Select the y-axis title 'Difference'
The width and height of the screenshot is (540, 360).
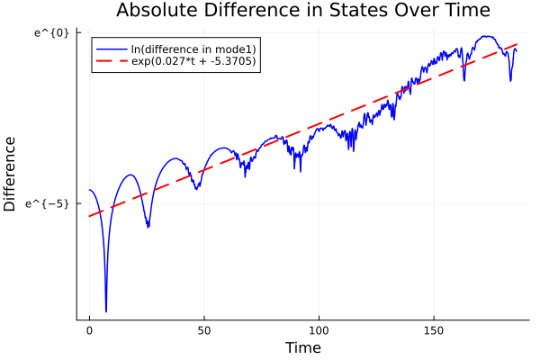tap(11, 175)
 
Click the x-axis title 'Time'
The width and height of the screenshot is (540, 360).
tap(302, 347)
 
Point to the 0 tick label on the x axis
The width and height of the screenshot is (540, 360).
tap(89, 331)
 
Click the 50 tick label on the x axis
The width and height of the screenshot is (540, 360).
tap(204, 331)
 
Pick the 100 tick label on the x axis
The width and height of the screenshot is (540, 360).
tap(319, 331)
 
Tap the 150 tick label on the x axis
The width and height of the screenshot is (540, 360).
tap(434, 331)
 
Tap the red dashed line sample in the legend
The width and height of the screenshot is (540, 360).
tap(111, 62)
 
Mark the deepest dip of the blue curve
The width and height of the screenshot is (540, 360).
tap(106, 311)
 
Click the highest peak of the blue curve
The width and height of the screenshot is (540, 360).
tap(487, 37)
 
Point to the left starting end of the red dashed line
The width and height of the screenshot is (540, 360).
tap(89, 216)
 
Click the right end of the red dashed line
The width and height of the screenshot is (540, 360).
tap(517, 43)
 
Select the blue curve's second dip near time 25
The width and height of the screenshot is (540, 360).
tap(148, 227)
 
